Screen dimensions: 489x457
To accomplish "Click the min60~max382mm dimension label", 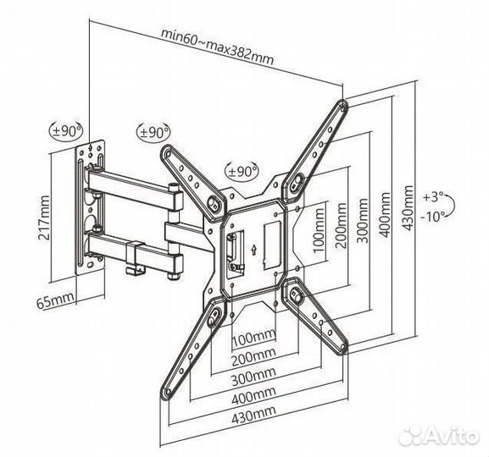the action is point(217,47).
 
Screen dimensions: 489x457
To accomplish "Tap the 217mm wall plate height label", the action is point(43,217).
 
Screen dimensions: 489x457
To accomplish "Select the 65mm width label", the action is point(56,300).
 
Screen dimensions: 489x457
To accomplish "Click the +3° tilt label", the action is point(433,197).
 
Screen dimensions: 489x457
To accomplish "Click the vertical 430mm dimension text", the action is point(408,208).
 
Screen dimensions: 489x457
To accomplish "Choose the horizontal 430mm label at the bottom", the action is point(253,414).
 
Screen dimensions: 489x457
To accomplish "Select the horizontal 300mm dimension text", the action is point(253,376).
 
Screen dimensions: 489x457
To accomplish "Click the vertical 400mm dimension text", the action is point(385,215).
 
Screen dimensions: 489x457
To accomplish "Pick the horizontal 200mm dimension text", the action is point(253,357).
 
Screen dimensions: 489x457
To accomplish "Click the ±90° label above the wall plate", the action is point(66,131).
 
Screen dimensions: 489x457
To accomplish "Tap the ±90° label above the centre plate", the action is point(242,171).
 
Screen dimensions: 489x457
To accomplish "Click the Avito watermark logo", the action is point(438,435).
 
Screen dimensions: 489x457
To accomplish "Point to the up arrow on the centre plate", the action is point(253,249).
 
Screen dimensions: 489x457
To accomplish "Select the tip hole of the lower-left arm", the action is point(168,392).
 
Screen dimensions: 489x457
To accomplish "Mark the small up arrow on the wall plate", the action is point(91,147).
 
